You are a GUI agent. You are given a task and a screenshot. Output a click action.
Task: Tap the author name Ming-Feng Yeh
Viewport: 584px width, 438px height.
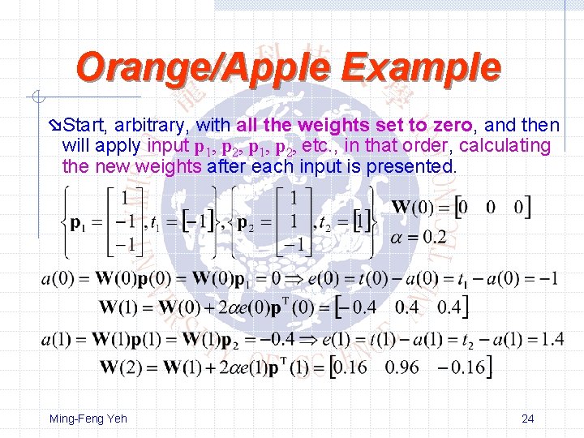[88, 419]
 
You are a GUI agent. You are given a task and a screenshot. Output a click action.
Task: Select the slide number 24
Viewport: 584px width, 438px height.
[527, 419]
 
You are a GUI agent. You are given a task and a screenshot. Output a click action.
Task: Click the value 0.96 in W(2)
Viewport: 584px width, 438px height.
[402, 367]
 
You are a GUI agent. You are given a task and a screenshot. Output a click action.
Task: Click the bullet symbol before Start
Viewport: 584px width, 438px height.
[54, 126]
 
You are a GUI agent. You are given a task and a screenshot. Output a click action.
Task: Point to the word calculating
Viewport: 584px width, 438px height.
[508, 146]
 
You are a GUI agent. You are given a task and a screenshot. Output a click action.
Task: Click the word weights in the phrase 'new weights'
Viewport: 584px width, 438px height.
[173, 167]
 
